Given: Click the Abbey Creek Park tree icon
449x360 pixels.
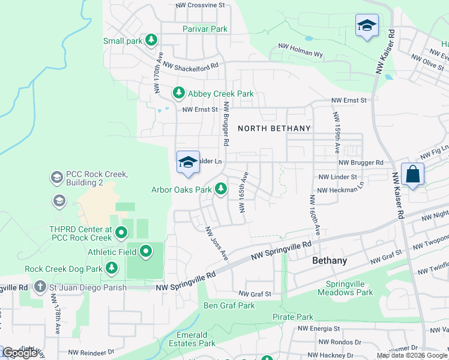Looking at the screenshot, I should coord(178,93).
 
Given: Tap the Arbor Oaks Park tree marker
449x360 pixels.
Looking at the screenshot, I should coord(221,190).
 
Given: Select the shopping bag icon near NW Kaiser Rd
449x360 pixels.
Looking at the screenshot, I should coord(412,175).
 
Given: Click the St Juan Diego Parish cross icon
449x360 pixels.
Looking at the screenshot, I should coord(40,287).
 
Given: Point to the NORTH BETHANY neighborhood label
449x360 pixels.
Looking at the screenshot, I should coord(274,128).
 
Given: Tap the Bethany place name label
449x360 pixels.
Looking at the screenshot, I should coord(330,261).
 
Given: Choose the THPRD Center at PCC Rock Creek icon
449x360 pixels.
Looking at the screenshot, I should coord(121,232).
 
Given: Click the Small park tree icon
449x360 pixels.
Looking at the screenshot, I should coord(152,40).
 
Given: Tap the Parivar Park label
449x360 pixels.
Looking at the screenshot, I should coord(205,29).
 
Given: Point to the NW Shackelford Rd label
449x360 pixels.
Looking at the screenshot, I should coord(190,66).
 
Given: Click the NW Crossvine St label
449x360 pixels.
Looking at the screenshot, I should coord(200,5).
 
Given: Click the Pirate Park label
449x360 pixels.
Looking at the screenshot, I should coord(292,317).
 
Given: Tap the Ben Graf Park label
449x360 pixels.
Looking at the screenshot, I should coord(229,305).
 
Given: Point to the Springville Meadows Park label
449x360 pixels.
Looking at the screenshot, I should coord(349,288).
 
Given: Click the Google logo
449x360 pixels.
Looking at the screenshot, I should coord(20,353).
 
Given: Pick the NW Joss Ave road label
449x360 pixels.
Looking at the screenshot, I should coord(217,243).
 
